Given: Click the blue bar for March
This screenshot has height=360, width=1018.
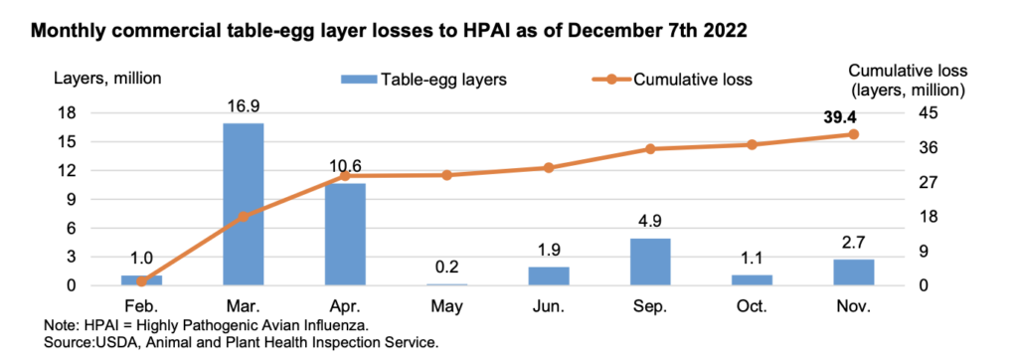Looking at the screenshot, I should click(242, 204).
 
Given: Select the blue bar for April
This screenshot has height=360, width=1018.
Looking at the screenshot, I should click(344, 234).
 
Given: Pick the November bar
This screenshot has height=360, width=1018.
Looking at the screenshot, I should click(852, 271).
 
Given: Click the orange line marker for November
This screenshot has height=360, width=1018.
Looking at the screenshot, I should click(852, 134).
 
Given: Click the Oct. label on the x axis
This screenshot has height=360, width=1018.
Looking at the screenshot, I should click(751, 306).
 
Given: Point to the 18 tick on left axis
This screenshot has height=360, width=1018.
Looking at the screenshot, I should click(97, 112).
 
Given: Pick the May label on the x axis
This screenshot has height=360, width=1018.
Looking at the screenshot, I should click(445, 306).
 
